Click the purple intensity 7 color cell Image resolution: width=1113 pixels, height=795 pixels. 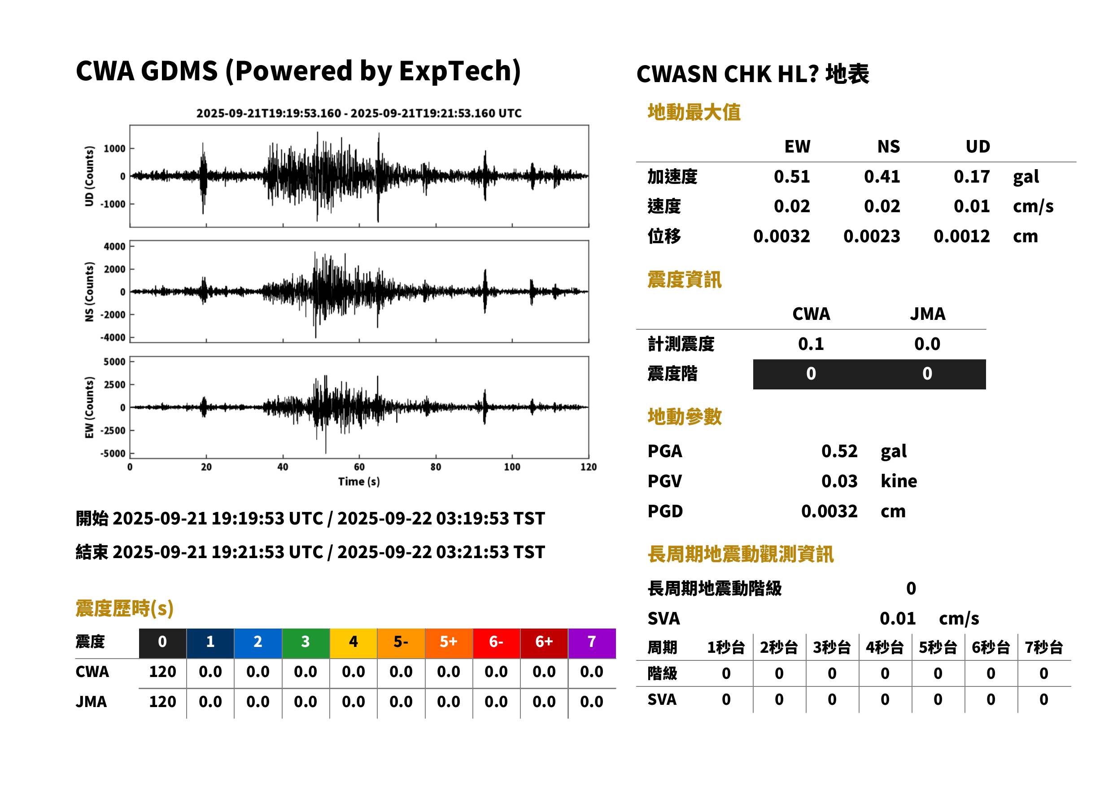(592, 643)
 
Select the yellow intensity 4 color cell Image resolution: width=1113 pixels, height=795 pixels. (354, 643)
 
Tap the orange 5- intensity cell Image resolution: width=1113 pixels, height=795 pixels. (401, 643)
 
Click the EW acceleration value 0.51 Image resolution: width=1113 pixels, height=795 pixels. (791, 176)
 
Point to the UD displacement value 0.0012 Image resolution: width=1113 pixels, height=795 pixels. (961, 236)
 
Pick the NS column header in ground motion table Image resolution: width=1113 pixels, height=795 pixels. (888, 146)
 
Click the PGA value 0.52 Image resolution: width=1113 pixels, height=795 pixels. (839, 451)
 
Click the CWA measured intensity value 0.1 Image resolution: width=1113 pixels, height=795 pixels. (811, 344)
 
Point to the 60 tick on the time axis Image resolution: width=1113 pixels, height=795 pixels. (359, 467)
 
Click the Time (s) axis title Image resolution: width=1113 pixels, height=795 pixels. (359, 482)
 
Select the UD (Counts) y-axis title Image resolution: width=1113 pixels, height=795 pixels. (89, 176)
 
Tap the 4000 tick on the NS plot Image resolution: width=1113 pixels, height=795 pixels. (114, 246)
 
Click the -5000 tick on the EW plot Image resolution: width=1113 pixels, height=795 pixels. (113, 453)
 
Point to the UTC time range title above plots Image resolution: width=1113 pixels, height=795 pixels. (359, 113)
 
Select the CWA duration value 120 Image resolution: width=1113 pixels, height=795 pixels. (162, 672)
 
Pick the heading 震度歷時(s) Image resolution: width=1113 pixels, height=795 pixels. (124, 608)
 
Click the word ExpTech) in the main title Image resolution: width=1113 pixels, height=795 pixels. (459, 71)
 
